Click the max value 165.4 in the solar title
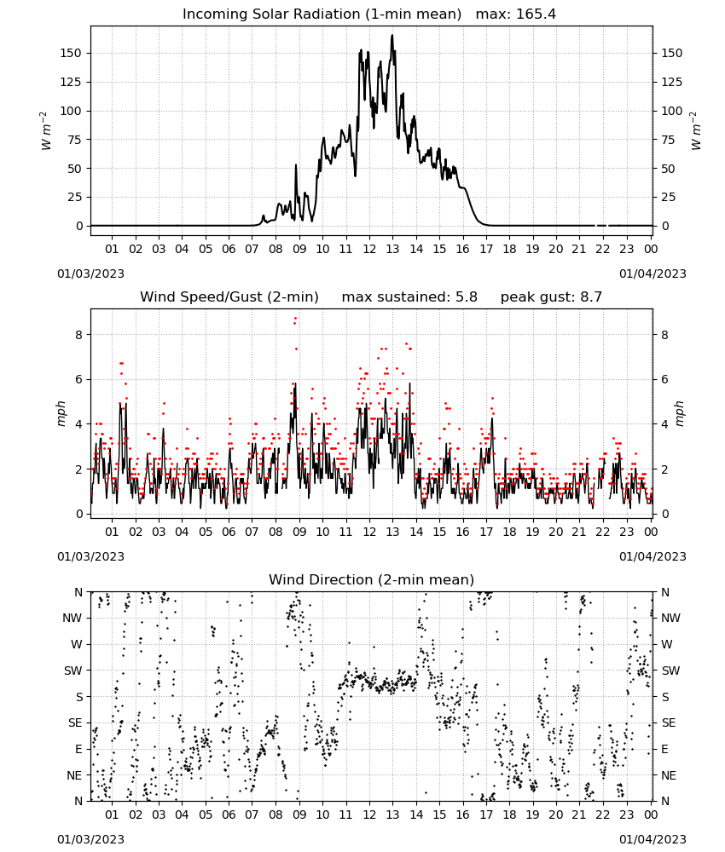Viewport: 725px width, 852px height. point(536,14)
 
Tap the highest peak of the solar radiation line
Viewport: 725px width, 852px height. point(392,35)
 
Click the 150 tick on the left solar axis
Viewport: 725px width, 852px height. point(72,53)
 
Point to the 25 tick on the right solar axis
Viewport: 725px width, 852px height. point(668,198)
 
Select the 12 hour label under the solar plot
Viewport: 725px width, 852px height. point(369,249)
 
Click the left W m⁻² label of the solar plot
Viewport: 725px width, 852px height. point(46,130)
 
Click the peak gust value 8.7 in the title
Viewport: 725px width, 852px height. point(590,297)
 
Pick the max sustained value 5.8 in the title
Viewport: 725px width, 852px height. point(466,297)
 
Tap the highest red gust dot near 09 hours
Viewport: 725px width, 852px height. point(295,319)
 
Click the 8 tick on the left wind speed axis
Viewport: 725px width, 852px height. point(78,335)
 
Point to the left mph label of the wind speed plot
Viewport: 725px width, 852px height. point(61,413)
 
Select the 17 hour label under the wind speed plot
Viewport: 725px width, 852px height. point(486,532)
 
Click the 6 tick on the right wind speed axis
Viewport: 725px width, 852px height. point(664,379)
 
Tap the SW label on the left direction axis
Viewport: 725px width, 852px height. point(72,671)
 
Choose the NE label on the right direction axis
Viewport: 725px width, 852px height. point(669,775)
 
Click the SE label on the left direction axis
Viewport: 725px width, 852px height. point(75,722)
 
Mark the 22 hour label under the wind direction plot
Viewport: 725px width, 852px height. point(603,815)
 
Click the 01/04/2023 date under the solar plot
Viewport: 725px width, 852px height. point(652,273)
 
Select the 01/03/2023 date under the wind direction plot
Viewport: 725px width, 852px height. point(90,839)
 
